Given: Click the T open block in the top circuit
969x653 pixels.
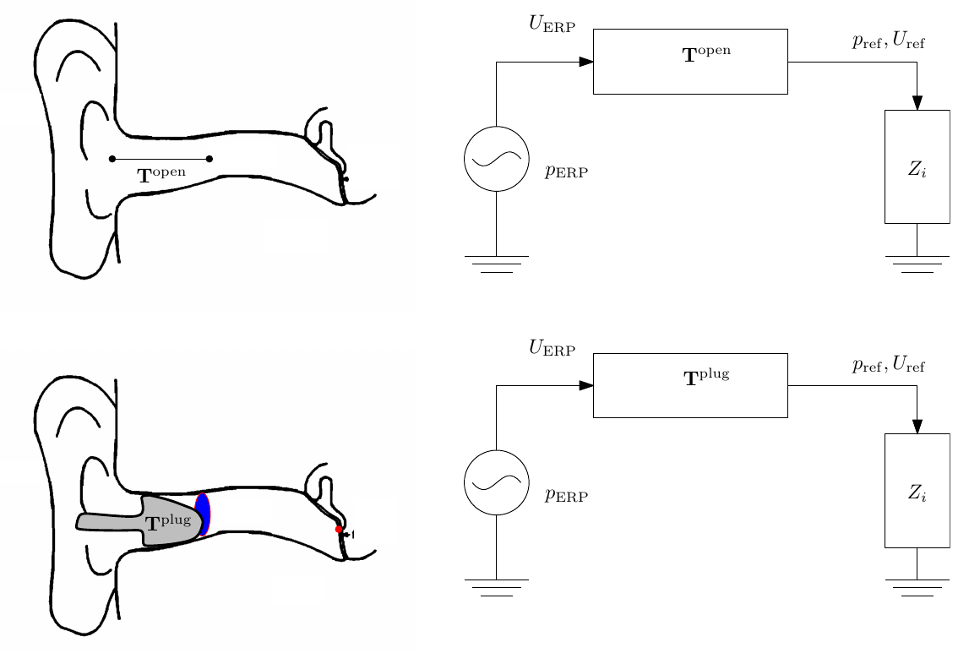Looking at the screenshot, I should pos(690,61).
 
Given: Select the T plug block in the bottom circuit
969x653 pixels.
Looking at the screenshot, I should pos(690,385).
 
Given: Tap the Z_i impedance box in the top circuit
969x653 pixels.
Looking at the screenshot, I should pos(917,166).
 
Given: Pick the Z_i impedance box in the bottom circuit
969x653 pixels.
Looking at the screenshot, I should pos(917,490).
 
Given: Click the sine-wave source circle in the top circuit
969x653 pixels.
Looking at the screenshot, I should pos(497,159).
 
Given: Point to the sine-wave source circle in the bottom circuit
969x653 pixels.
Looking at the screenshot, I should pos(497,483).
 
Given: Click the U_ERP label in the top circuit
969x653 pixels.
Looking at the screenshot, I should pos(552,24).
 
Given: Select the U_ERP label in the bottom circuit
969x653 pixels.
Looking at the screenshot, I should pos(552,347).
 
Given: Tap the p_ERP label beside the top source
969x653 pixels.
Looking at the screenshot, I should pos(566,172).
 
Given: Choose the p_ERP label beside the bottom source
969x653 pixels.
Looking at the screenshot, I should pos(566,496).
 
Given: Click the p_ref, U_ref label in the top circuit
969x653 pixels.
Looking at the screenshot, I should pos(889,41).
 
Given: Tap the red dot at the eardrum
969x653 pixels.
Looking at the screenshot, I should pos(339,530).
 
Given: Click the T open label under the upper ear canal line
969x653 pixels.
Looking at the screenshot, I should pos(161,176).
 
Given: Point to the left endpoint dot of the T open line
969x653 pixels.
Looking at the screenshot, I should pos(112,159).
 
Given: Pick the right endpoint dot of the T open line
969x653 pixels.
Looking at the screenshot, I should pos(209,159).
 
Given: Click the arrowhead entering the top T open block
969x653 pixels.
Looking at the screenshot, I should pos(585,62).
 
